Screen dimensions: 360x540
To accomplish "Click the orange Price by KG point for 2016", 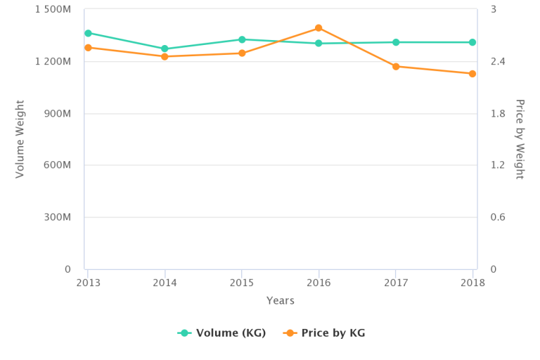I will (x=319, y=28).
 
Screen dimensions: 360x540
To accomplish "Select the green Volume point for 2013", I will (x=88, y=33).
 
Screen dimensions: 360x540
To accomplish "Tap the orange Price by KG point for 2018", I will (x=472, y=74).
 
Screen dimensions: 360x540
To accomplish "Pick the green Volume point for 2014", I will (x=165, y=49).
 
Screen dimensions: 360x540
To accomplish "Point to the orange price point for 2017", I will (x=396, y=66).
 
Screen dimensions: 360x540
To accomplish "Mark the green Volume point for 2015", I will (x=242, y=39).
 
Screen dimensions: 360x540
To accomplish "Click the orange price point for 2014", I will (x=165, y=56).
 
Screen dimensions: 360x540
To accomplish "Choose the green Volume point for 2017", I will (x=396, y=42).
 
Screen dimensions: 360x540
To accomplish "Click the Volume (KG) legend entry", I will (x=221, y=333).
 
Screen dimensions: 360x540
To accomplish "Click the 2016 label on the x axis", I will (x=319, y=281).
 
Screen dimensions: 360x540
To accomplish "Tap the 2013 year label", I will (x=88, y=281).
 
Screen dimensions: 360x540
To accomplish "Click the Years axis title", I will (x=280, y=301).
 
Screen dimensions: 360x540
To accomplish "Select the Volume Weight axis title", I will (x=20, y=139).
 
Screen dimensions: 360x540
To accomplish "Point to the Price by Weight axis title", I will (x=520, y=139).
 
